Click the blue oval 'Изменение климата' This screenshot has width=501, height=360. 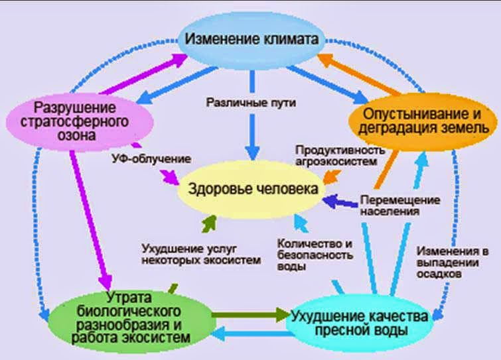coord(251,38)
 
